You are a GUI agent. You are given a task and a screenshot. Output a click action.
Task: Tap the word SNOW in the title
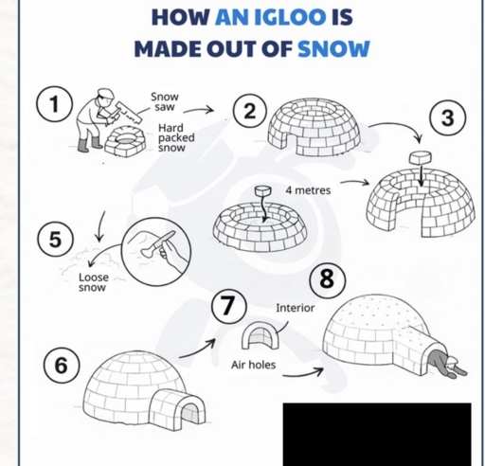[333, 48]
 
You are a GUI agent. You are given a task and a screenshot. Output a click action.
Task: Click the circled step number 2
[249, 111]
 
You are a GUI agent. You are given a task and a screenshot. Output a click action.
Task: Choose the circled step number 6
[62, 365]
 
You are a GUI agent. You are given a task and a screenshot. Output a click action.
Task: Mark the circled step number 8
[326, 278]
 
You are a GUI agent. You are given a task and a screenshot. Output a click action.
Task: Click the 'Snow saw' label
[164, 101]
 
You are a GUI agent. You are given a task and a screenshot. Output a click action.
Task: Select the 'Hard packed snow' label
[175, 137]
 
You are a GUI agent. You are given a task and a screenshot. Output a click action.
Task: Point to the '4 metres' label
[308, 190]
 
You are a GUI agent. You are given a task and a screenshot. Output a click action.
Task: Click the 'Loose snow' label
[93, 282]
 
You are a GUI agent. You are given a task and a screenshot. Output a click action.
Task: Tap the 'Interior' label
[295, 308]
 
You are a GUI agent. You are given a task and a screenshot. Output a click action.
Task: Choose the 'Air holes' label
[253, 365]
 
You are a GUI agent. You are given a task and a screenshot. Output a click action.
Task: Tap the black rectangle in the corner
[376, 433]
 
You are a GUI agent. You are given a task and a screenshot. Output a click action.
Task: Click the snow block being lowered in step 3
[417, 156]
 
